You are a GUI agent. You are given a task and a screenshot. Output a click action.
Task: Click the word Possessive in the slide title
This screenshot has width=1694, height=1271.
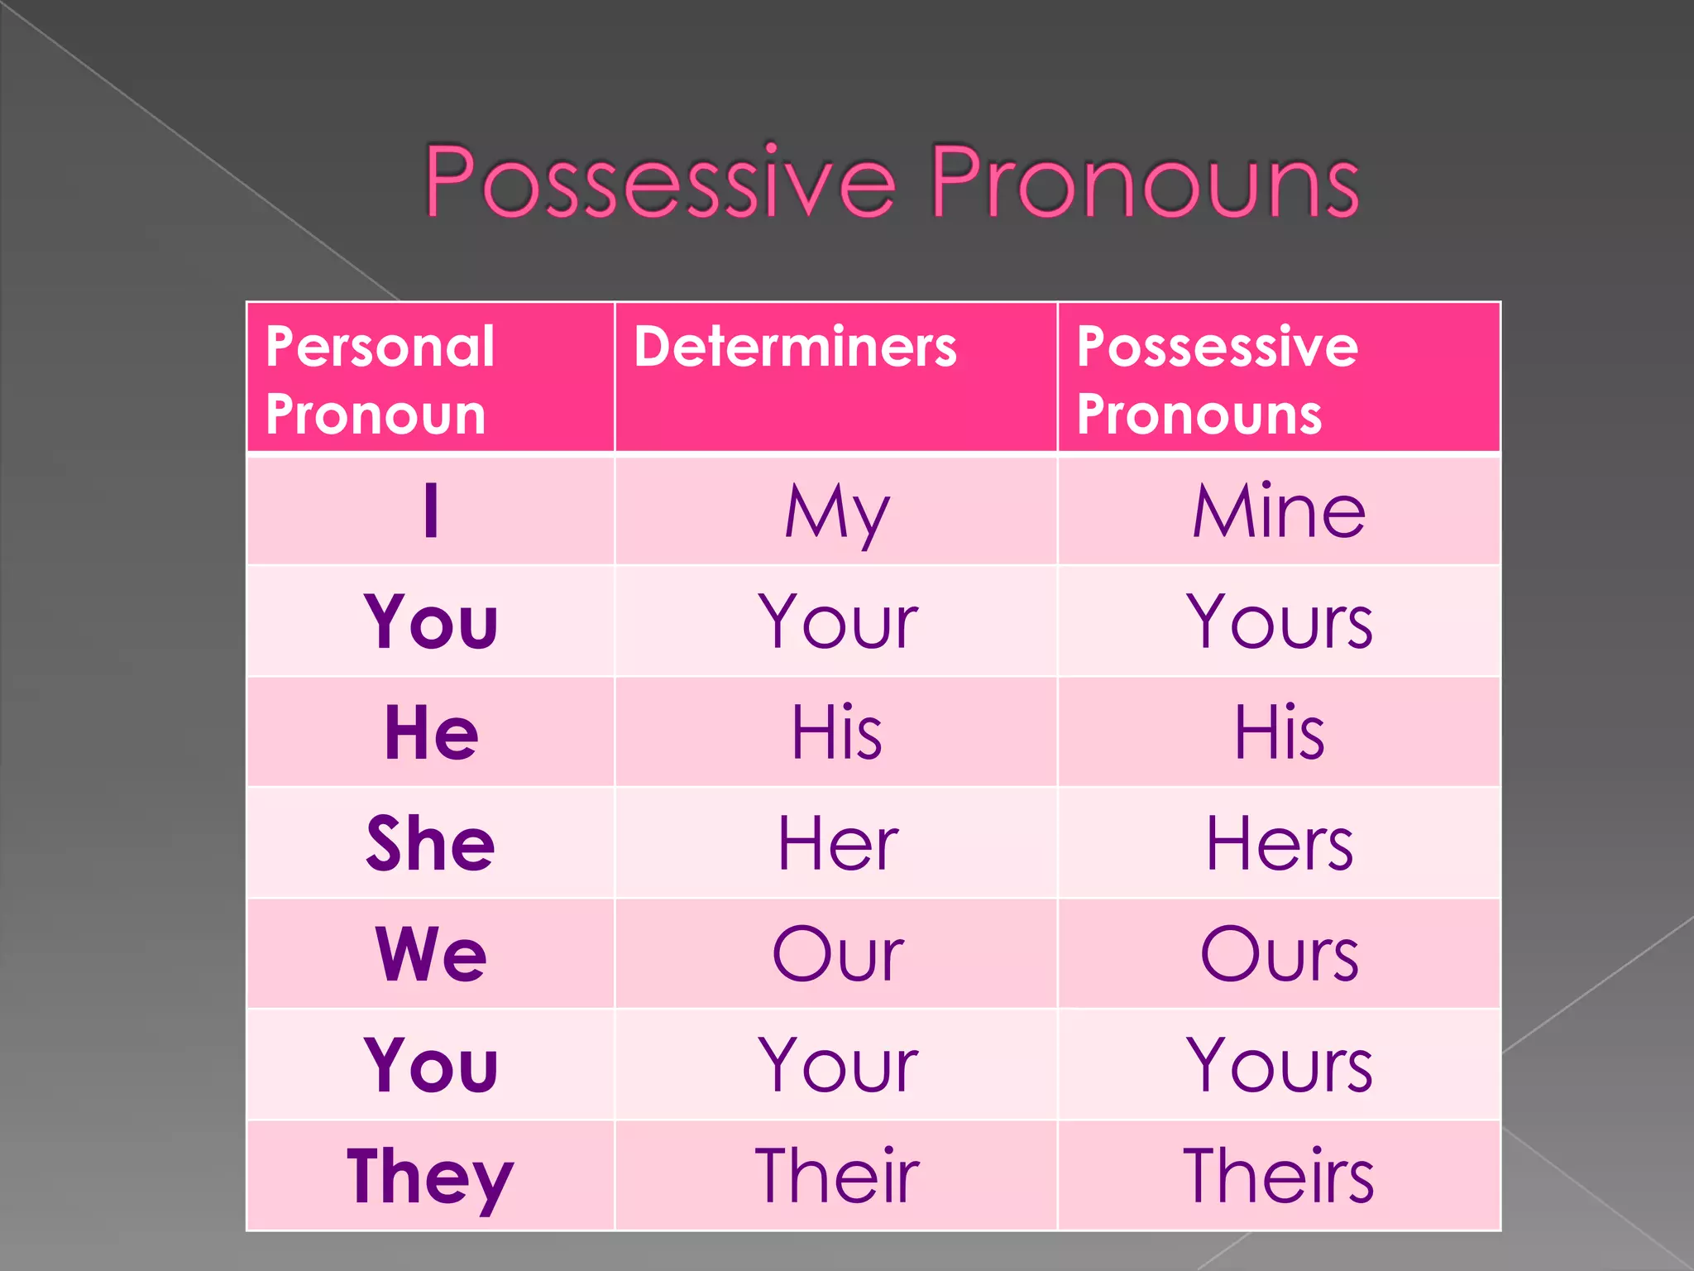coord(660,181)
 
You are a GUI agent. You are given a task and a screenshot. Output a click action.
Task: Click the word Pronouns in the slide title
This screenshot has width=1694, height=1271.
coord(1145,181)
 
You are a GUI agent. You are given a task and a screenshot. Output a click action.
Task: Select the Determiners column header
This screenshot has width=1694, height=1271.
coord(795,347)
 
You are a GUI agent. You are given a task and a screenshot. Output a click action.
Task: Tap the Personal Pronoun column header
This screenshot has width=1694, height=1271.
coord(380,380)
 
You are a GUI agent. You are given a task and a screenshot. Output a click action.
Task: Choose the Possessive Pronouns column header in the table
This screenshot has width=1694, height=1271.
coord(1216,380)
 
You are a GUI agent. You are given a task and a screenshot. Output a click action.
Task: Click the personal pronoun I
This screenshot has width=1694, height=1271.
coord(431,511)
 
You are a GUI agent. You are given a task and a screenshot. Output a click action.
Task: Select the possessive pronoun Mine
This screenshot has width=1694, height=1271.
coord(1279,511)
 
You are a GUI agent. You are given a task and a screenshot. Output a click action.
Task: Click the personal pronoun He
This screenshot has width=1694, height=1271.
coord(431,732)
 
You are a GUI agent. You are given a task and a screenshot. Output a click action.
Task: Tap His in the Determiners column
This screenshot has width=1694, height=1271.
coord(836,732)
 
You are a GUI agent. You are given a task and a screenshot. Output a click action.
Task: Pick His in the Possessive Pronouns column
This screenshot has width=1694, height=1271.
coord(1279,732)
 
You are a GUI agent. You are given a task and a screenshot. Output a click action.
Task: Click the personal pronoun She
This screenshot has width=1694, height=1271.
coord(431,843)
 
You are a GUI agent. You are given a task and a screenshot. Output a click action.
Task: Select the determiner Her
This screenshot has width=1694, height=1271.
coord(836,843)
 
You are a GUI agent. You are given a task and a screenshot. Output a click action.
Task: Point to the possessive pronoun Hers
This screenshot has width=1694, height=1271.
coord(1279,843)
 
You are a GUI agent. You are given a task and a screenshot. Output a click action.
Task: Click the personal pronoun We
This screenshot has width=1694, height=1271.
coord(431,954)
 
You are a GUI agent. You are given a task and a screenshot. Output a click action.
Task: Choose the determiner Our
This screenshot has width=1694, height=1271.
coord(836,954)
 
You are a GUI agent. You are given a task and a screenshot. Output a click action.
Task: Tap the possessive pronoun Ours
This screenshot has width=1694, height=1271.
coord(1279,954)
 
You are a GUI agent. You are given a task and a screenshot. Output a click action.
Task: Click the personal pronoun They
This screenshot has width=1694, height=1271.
coord(431,1177)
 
